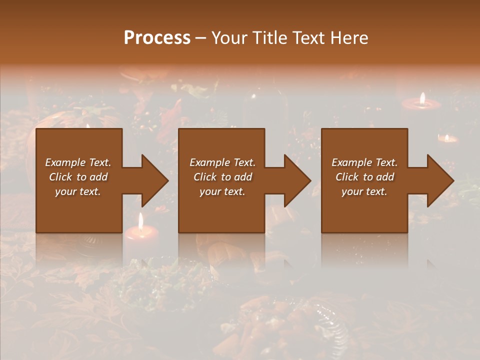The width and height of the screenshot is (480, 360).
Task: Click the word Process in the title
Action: pyautogui.click(x=157, y=38)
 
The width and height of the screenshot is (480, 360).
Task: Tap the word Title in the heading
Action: pyautogui.click(x=269, y=38)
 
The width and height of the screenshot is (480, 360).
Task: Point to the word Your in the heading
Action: pyautogui.click(x=229, y=38)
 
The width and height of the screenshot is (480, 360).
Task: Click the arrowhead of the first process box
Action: pyautogui.click(x=154, y=180)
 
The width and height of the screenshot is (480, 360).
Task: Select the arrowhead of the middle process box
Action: pyautogui.click(x=297, y=180)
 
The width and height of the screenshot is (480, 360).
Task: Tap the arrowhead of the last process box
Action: pyautogui.click(x=440, y=180)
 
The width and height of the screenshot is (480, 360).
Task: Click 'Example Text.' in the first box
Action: pyautogui.click(x=78, y=162)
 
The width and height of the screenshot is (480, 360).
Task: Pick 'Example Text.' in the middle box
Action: pyautogui.click(x=222, y=162)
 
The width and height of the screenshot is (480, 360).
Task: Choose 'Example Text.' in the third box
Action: pyautogui.click(x=364, y=162)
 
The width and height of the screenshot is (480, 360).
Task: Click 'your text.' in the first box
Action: pyautogui.click(x=78, y=191)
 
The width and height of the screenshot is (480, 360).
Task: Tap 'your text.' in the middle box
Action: pyautogui.click(x=222, y=191)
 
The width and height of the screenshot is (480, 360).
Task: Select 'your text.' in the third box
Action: pyautogui.click(x=364, y=191)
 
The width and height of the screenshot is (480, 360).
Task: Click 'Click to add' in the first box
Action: pyautogui.click(x=78, y=177)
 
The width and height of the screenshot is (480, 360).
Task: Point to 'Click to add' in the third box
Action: pyautogui.click(x=364, y=177)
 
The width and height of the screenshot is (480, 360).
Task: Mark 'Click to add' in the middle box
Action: pyautogui.click(x=222, y=177)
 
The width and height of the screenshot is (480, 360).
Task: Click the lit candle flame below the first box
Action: pyautogui.click(x=141, y=220)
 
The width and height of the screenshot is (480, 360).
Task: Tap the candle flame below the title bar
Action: pyautogui.click(x=422, y=98)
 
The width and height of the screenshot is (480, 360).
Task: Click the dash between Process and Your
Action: pyautogui.click(x=201, y=38)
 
